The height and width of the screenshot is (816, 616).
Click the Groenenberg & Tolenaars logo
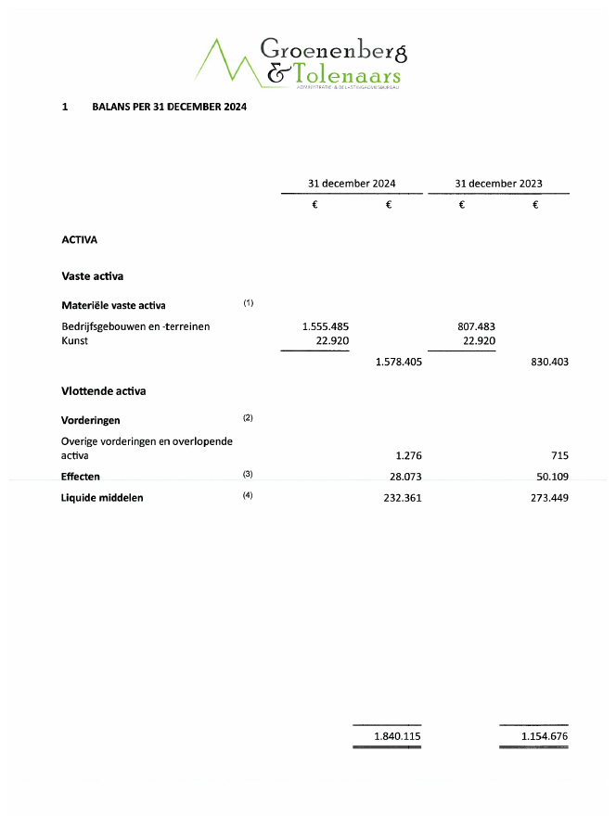click(x=302, y=62)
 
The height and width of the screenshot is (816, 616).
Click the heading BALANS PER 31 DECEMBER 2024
click(x=170, y=107)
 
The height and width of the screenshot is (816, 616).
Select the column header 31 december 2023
click(x=498, y=184)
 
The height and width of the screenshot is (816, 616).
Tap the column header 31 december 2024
click(x=352, y=184)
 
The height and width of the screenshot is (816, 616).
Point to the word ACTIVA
click(x=80, y=239)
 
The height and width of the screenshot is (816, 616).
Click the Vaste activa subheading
click(x=92, y=276)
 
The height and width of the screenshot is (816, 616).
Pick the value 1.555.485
click(x=325, y=326)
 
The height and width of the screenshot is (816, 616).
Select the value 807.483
click(x=471, y=326)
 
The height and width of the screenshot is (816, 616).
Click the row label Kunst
click(x=74, y=340)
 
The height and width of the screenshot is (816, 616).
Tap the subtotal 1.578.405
click(x=398, y=362)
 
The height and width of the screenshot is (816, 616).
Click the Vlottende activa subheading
click(x=103, y=391)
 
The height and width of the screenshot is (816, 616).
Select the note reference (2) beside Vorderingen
click(x=248, y=418)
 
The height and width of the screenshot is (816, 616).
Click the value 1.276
click(x=408, y=455)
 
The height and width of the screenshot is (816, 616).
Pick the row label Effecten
click(x=81, y=477)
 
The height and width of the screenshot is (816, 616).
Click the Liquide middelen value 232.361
click(x=401, y=498)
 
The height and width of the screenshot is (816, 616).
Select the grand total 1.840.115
click(x=397, y=736)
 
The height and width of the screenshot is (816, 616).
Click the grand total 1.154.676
click(x=544, y=736)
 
